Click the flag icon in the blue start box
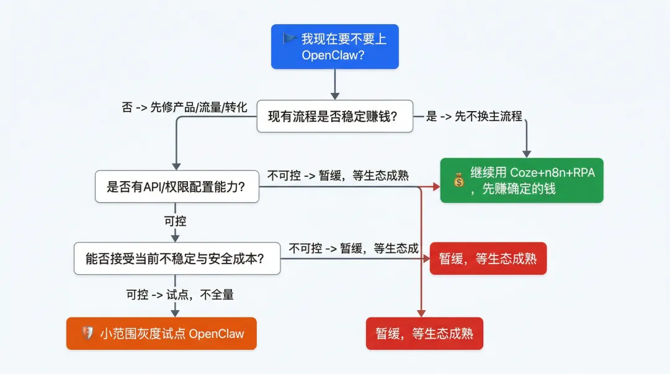point(290,38)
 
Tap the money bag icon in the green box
point(458,180)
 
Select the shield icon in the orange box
point(87,334)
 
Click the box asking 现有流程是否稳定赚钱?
point(335,116)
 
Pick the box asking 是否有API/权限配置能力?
point(177,187)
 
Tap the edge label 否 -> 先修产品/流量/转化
point(185,107)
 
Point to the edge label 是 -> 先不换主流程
point(475,116)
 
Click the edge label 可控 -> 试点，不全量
point(180,295)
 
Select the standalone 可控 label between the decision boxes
point(175,221)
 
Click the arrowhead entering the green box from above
point(527,153)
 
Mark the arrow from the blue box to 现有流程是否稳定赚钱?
point(335,84)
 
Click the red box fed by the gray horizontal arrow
point(488,259)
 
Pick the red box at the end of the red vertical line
point(424,334)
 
